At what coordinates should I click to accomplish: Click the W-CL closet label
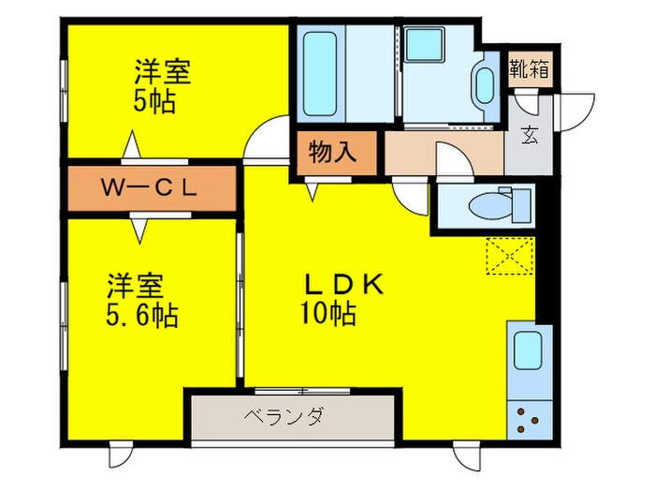click(x=150, y=188)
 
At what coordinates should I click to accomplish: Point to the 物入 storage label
click(x=333, y=152)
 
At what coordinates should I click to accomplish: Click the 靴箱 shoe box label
click(x=529, y=69)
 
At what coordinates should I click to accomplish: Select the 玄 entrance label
click(x=529, y=135)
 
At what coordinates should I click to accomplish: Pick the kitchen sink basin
click(x=528, y=352)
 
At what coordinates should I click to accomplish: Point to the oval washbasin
click(x=485, y=84)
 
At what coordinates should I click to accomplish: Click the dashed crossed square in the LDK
click(x=509, y=260)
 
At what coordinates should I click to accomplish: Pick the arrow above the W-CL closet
click(x=133, y=148)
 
